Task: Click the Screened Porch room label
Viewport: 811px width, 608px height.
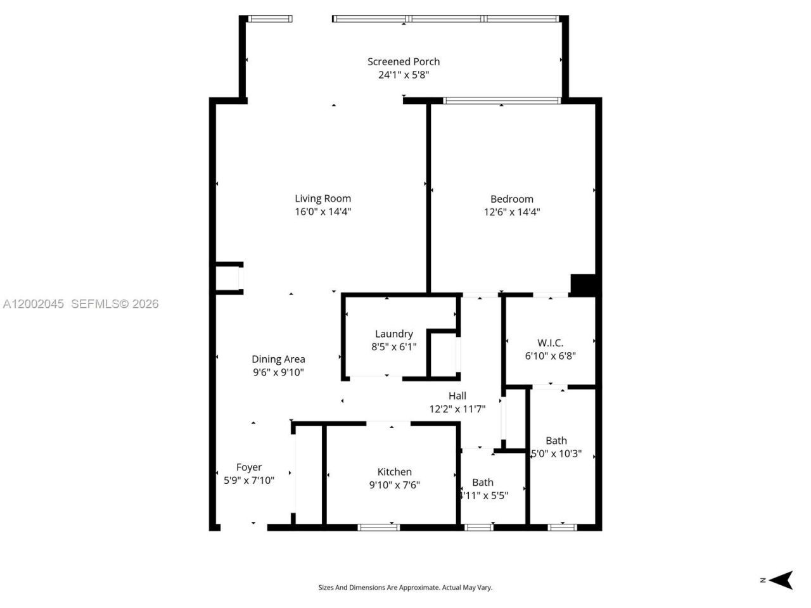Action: point(404,61)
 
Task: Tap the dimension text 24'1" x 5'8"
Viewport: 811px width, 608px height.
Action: point(404,75)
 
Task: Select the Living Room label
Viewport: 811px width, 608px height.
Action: point(322,198)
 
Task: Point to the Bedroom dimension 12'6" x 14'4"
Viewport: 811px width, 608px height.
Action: point(511,212)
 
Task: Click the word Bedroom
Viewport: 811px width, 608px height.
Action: point(511,199)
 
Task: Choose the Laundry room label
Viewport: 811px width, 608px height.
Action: point(393,334)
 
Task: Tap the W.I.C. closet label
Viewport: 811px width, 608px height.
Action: point(550,343)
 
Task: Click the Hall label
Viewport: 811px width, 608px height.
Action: point(457,396)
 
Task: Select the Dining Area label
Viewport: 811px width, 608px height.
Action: point(278,359)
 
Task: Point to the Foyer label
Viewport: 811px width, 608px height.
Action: point(249,467)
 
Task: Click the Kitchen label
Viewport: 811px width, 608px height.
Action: point(394,472)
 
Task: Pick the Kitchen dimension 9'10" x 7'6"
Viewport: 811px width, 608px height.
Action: point(394,485)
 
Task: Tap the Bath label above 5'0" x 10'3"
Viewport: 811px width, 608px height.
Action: point(556,441)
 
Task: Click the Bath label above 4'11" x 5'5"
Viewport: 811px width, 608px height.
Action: point(482,483)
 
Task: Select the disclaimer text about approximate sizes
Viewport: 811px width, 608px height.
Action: point(405,588)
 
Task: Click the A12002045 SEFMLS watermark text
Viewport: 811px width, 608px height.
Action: point(80,304)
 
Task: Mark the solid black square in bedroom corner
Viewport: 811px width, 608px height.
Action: point(583,284)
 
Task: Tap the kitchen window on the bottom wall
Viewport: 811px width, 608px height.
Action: point(378,526)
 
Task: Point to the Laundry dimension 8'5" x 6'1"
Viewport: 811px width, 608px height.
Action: point(393,347)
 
